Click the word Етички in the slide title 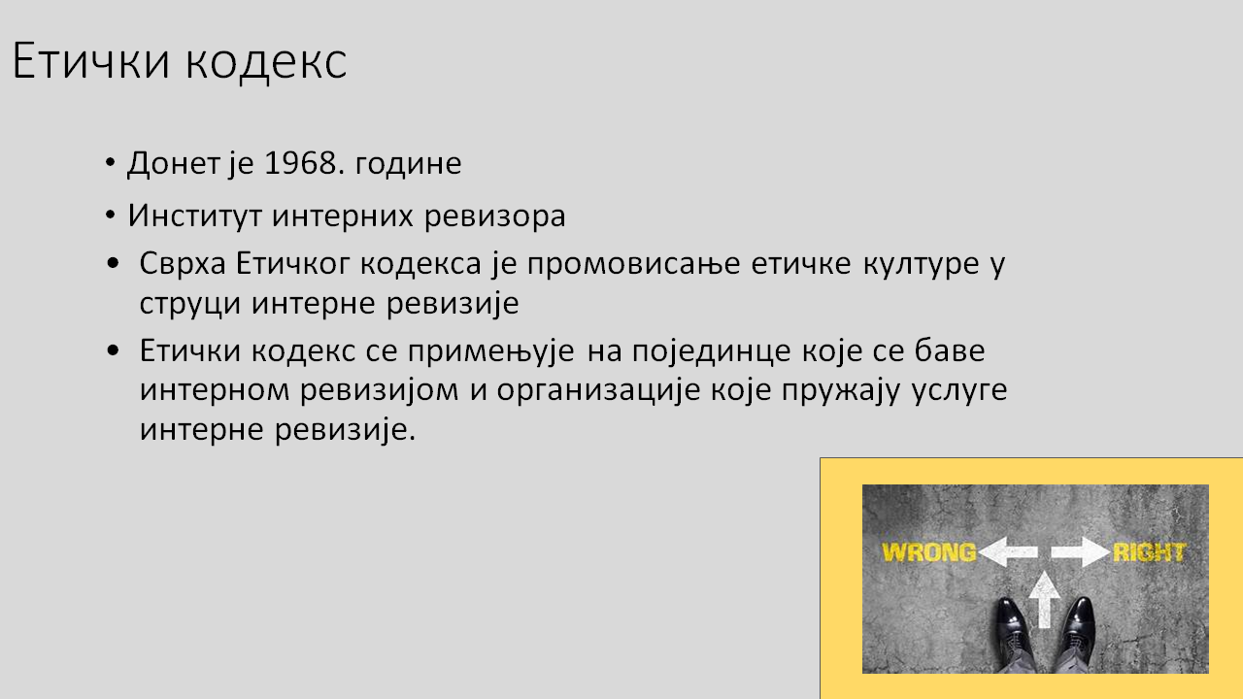click(90, 60)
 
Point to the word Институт click(195, 216)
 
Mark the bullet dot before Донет click(110, 163)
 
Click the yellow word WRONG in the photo click(929, 552)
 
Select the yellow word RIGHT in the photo click(1150, 552)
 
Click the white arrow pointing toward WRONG click(1008, 552)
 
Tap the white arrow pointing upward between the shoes click(1044, 600)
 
